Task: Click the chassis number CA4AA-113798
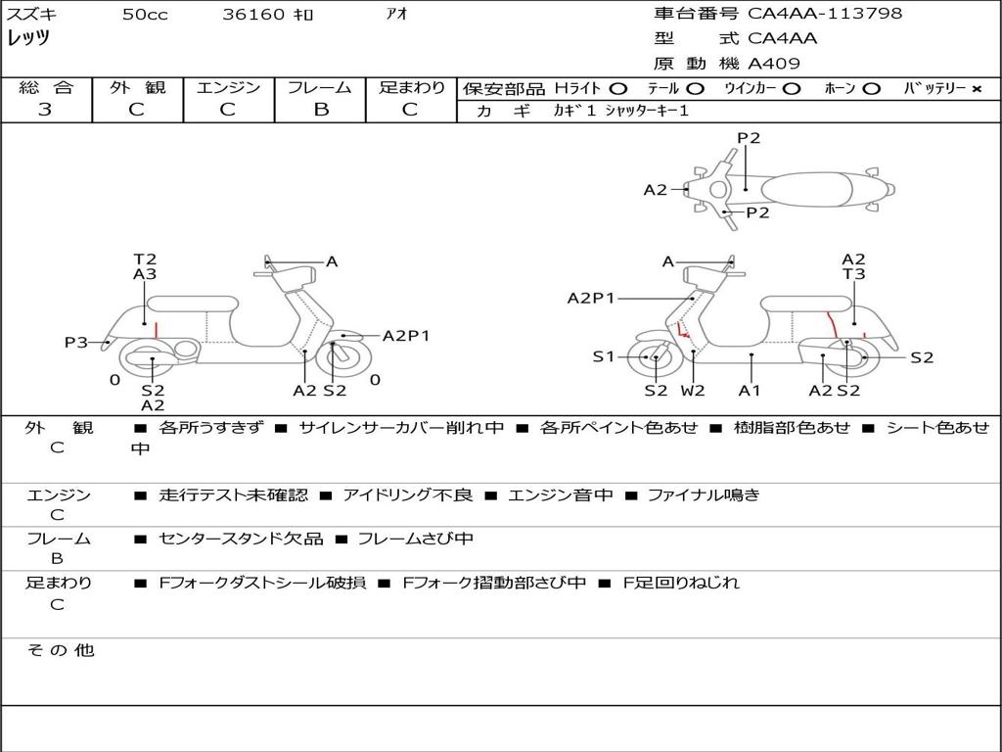coord(825,13)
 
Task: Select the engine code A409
coord(774,64)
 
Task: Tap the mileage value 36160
coord(253,14)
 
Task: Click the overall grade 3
coord(45,110)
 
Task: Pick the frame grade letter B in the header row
coord(321,110)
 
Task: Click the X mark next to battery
coord(977,89)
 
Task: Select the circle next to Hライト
coord(618,89)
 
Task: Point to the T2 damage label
coord(145,258)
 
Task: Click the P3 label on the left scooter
coord(76,342)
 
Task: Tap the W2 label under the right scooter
coord(693,390)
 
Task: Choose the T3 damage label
coord(853,274)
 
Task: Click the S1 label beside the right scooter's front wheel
coord(603,356)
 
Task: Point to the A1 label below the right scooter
coord(750,390)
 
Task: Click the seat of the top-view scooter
coord(806,189)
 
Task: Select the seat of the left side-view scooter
coord(193,304)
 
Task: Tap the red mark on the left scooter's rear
coord(156,330)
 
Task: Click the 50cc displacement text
coord(145,14)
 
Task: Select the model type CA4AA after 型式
coord(782,38)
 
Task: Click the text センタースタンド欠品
coord(241,540)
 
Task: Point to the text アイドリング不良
coord(408,494)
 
